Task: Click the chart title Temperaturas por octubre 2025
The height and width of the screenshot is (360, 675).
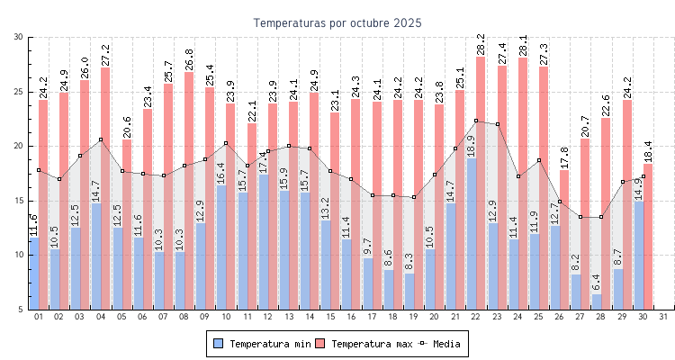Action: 337,22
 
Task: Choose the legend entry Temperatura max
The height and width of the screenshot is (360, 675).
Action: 365,344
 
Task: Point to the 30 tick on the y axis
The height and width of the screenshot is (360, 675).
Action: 19,37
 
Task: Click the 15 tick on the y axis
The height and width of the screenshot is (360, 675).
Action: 19,201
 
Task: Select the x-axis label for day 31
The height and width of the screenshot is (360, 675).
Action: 663,316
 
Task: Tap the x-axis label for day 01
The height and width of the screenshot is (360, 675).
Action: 39,316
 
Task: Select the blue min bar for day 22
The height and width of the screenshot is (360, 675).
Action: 472,234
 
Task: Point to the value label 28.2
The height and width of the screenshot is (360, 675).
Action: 481,43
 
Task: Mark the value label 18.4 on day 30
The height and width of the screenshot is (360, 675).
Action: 648,150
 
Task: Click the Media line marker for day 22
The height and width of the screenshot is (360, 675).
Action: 476,121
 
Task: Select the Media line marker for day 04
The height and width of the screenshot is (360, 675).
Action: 101,139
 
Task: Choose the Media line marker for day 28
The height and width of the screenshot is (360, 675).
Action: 601,217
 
